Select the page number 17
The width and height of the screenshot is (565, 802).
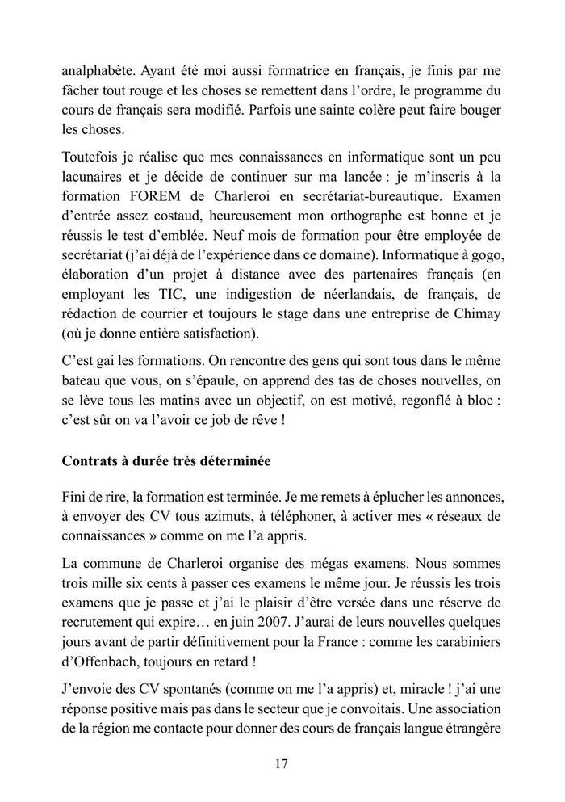tap(282, 764)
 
